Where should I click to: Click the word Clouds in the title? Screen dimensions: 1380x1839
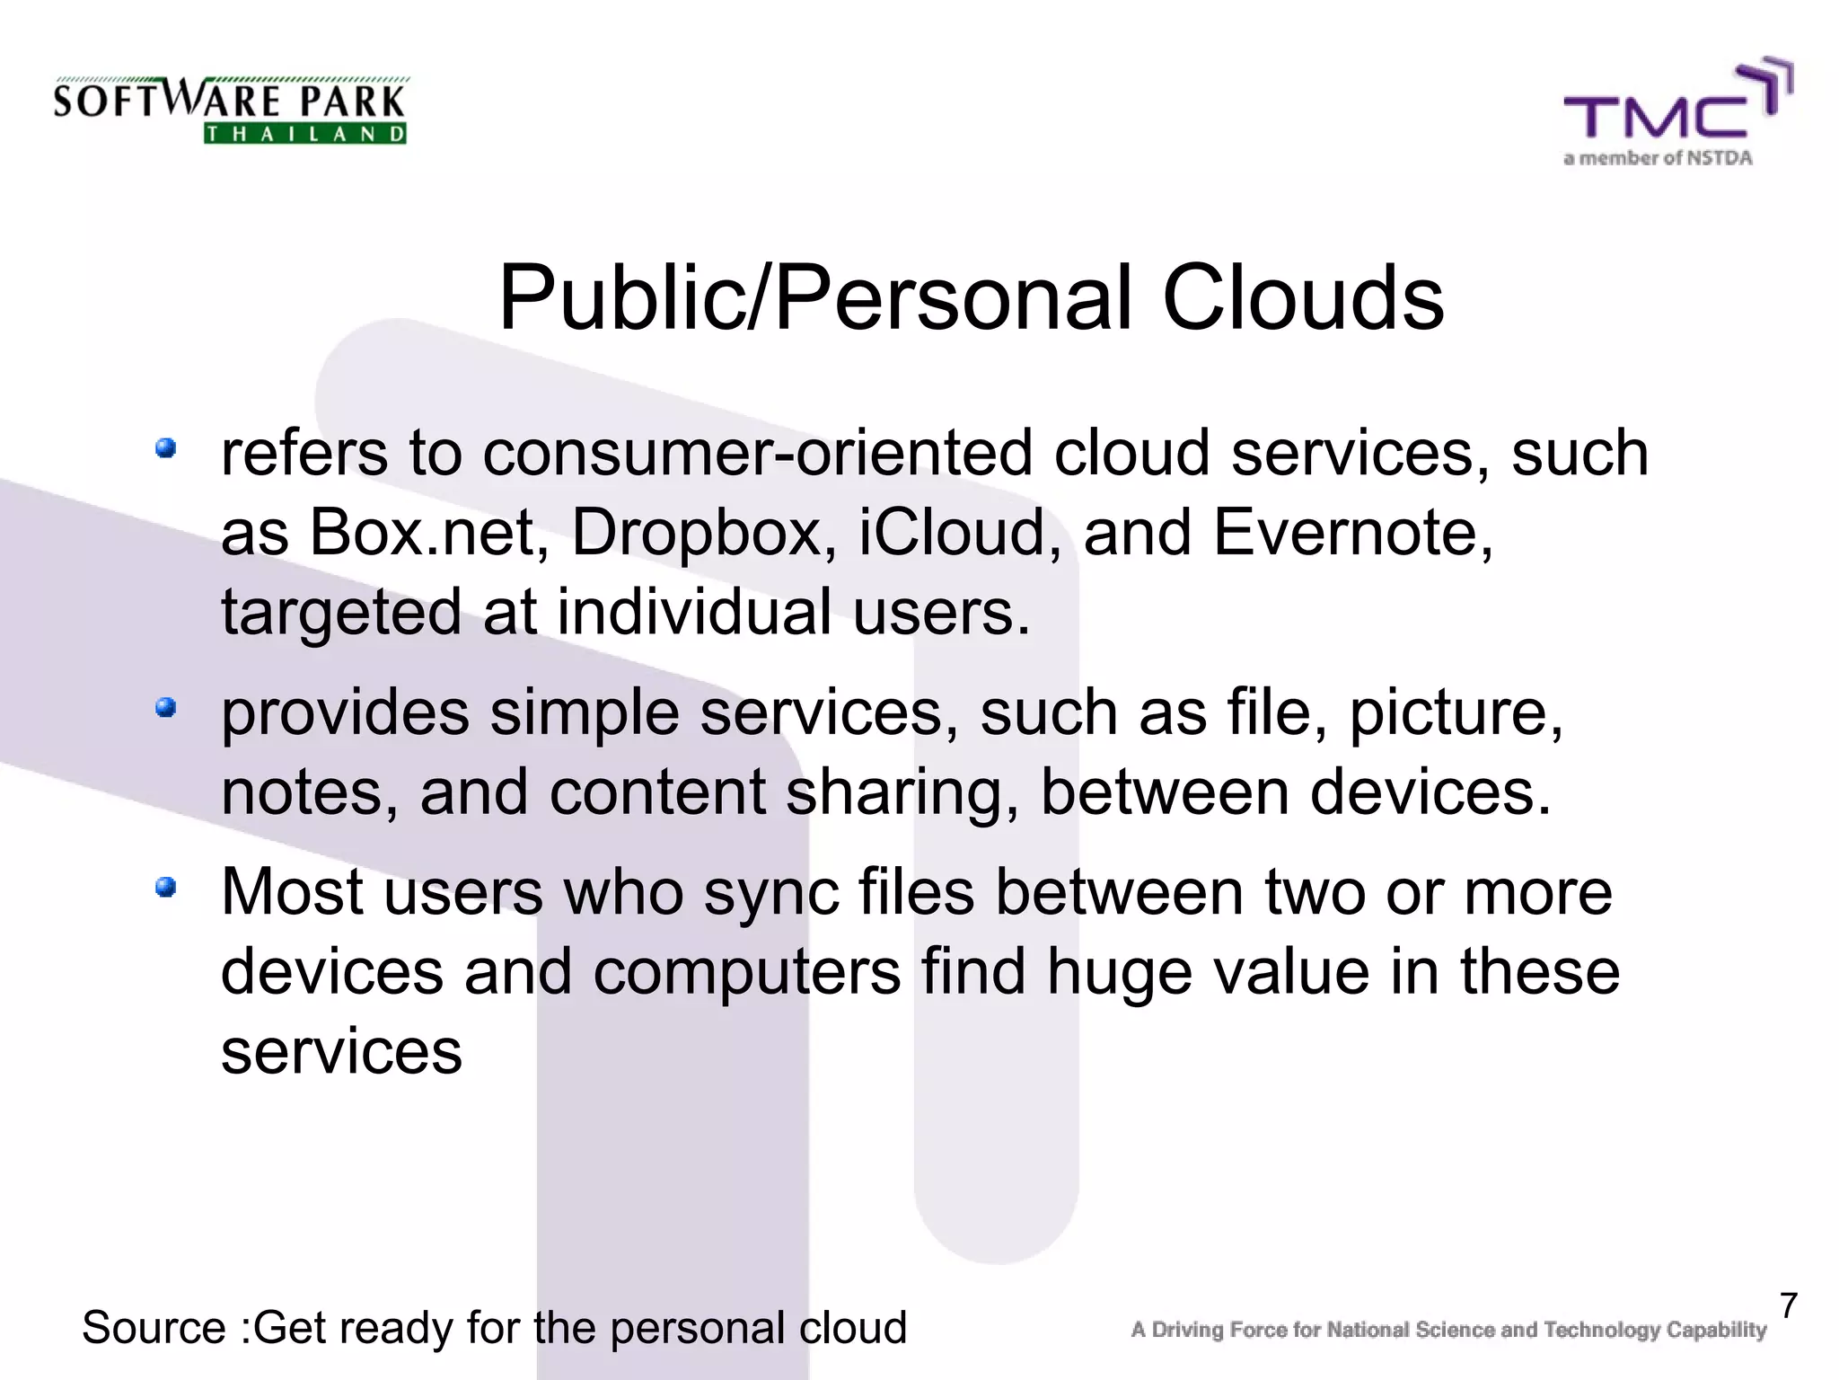click(1303, 297)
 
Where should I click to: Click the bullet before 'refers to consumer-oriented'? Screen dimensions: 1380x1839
click(165, 447)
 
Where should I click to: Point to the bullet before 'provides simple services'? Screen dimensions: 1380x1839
click(165, 708)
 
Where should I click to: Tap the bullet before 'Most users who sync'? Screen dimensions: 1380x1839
click(165, 888)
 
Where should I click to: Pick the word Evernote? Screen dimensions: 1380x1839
click(1353, 532)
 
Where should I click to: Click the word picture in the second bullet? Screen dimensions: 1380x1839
click(1455, 713)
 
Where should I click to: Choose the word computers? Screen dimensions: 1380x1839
click(746, 973)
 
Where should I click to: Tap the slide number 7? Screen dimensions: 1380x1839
click(1789, 1305)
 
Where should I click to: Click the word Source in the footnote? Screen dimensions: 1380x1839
click(154, 1328)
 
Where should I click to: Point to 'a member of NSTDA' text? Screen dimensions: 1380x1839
click(1658, 159)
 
